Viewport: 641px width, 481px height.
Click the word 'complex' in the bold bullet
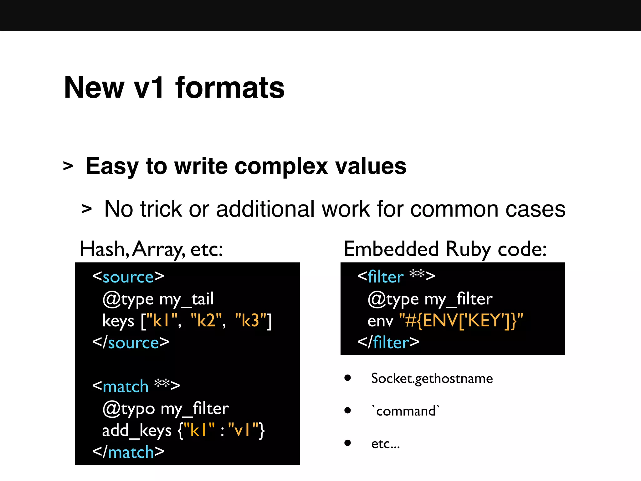click(281, 166)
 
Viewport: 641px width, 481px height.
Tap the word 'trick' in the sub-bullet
click(161, 209)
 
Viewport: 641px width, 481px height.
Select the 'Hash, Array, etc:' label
click(151, 249)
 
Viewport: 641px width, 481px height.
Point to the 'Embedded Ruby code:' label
click(445, 249)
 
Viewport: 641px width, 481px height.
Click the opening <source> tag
click(128, 277)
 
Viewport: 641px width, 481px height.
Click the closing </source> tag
click(131, 343)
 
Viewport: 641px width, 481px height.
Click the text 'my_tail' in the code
click(187, 299)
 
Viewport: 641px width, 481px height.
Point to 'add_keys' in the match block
click(137, 430)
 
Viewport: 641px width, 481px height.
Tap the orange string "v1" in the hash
click(243, 430)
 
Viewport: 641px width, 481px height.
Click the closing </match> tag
click(128, 452)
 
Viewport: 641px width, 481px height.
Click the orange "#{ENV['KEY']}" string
click(461, 321)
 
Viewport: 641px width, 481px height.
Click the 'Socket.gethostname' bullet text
click(432, 379)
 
